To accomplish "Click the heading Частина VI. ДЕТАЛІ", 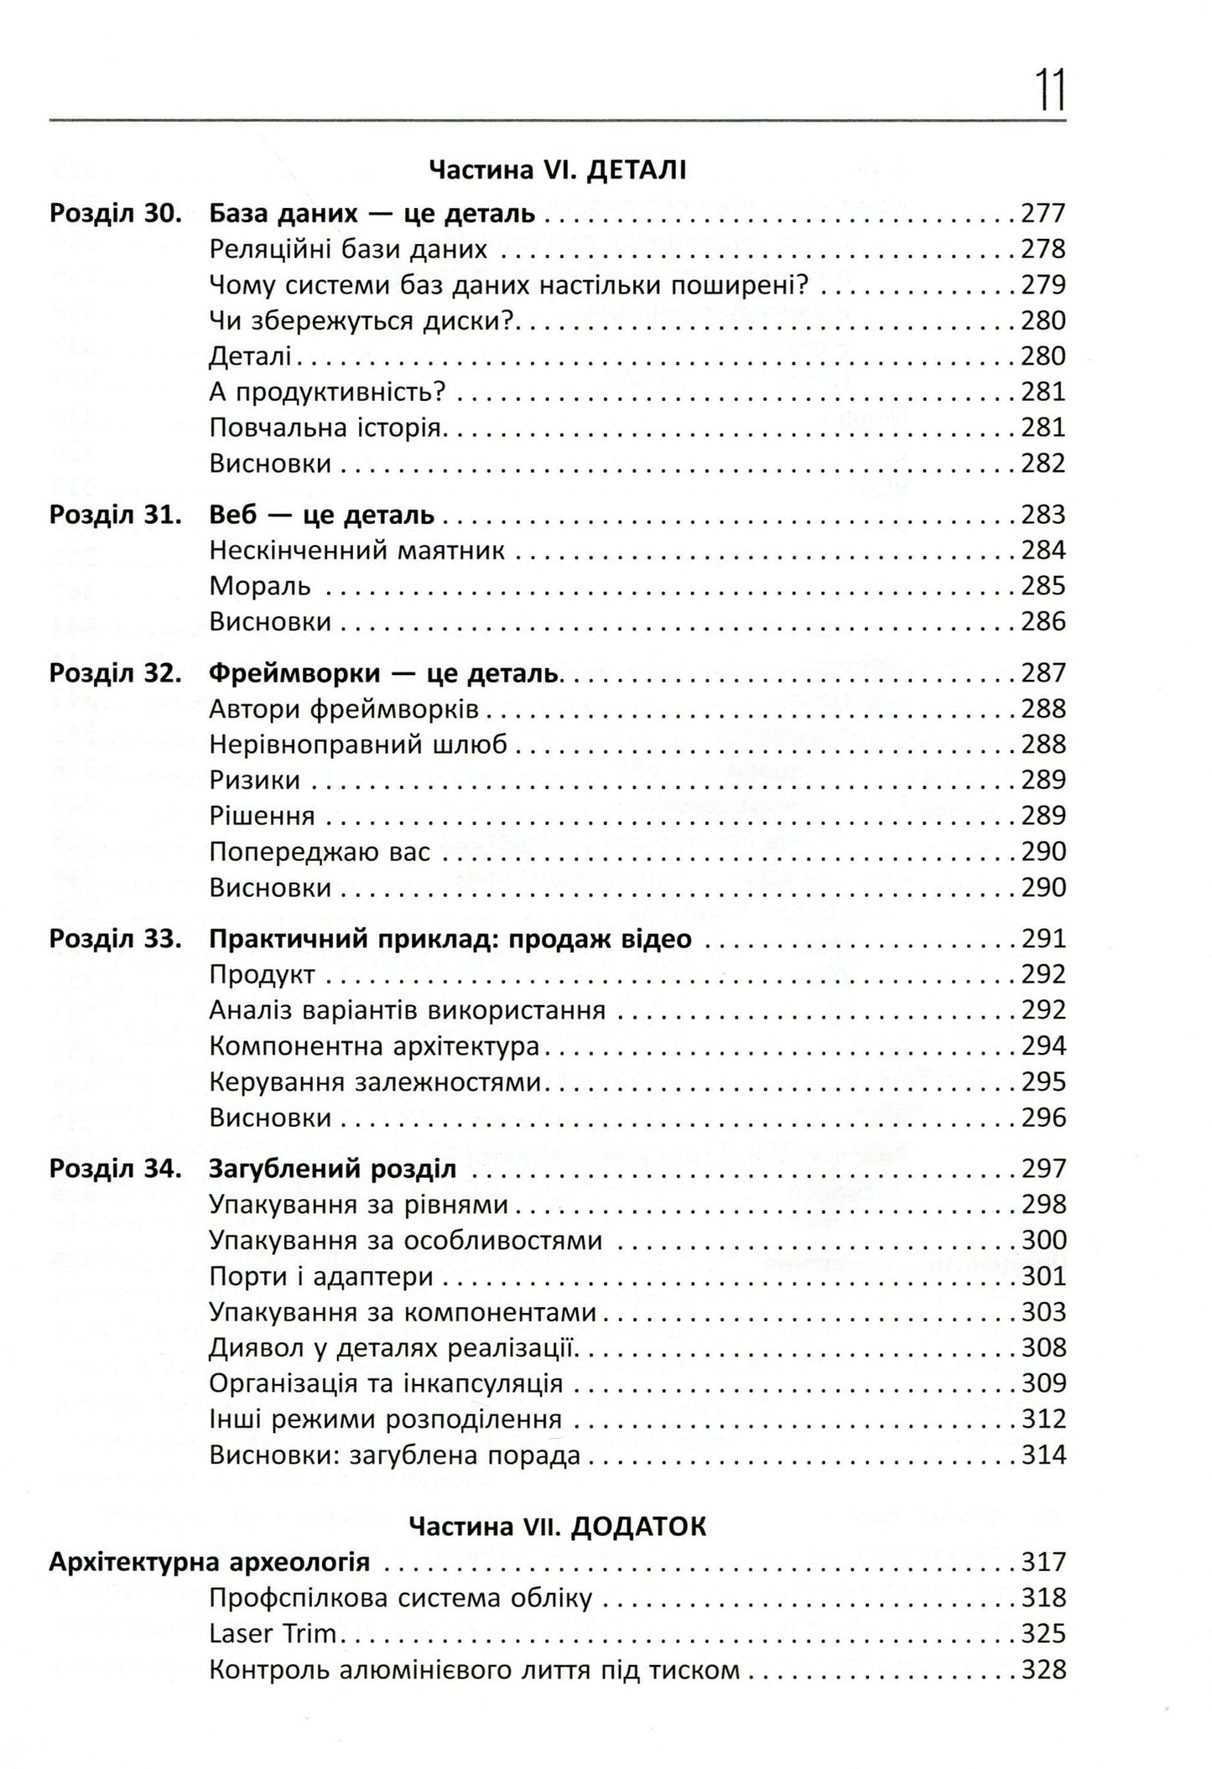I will (x=557, y=171).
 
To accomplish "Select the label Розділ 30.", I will (x=115, y=214).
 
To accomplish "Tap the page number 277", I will (x=1043, y=214).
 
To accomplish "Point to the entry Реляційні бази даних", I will (x=348, y=250).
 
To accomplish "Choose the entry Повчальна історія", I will (x=325, y=428).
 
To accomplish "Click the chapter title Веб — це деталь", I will (x=321, y=515).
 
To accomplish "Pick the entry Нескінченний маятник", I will (x=356, y=551).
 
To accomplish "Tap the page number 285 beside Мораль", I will (x=1043, y=586).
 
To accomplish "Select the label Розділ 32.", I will (x=115, y=673).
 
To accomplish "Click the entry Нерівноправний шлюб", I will (x=358, y=744).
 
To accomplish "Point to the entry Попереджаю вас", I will (x=320, y=852).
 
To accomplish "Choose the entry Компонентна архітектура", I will (x=374, y=1046).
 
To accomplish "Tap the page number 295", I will (x=1043, y=1082).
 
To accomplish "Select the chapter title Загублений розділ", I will (x=332, y=1170).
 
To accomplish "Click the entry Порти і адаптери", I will (x=321, y=1277).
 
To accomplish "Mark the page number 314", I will (x=1043, y=1455).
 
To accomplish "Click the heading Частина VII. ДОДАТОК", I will (x=557, y=1527).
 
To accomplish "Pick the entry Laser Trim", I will (x=273, y=1634).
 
